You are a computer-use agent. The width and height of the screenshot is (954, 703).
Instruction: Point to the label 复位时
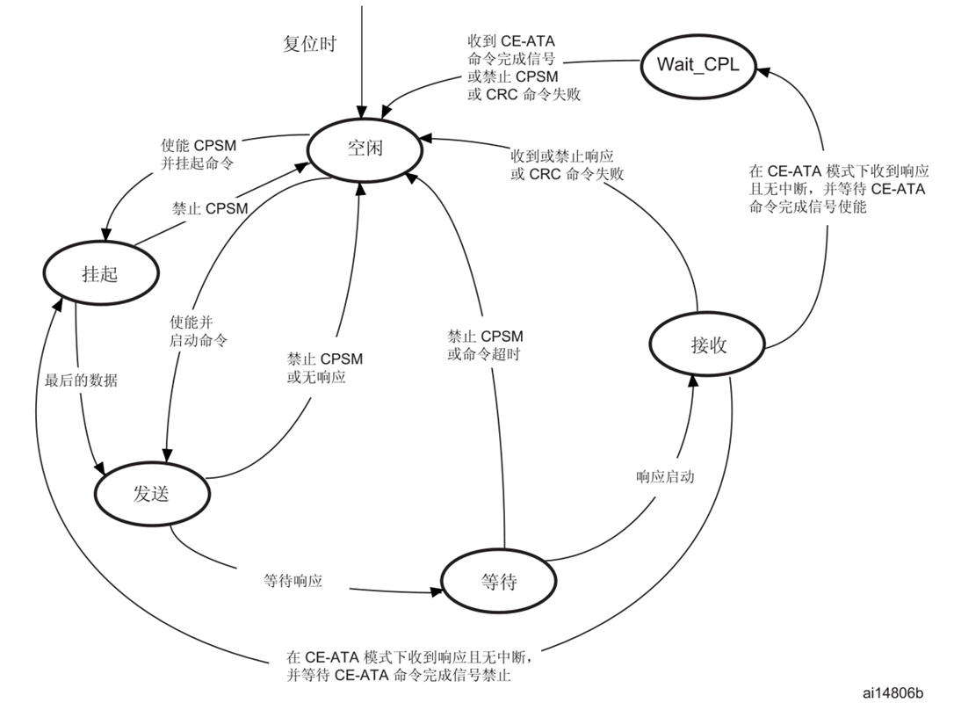pyautogui.click(x=309, y=44)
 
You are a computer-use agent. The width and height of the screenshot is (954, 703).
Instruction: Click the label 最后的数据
pyautogui.click(x=81, y=381)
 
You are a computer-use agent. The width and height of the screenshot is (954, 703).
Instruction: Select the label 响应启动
pyautogui.click(x=665, y=476)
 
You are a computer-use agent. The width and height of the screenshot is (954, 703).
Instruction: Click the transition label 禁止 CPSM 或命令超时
pyautogui.click(x=485, y=344)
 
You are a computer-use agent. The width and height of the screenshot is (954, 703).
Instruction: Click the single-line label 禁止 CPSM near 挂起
pyautogui.click(x=210, y=208)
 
